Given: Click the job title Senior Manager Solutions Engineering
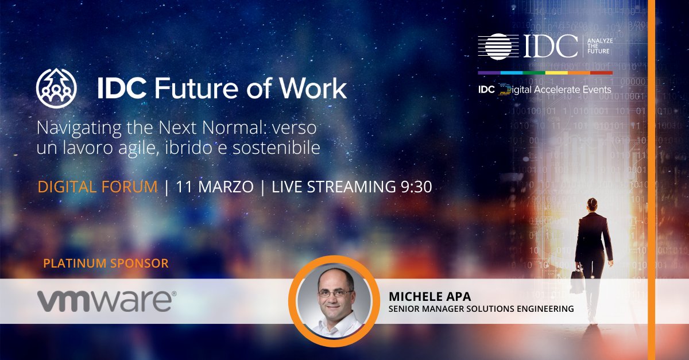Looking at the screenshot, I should pyautogui.click(x=481, y=309).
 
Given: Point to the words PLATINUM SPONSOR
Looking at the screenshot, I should pyautogui.click(x=106, y=264).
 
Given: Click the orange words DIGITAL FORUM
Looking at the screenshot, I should pyautogui.click(x=97, y=187).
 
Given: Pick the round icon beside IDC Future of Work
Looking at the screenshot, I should pyautogui.click(x=56, y=88).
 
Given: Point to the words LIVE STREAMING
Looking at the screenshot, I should pyautogui.click(x=332, y=187).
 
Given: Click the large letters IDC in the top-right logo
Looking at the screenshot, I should pyautogui.click(x=549, y=47).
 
